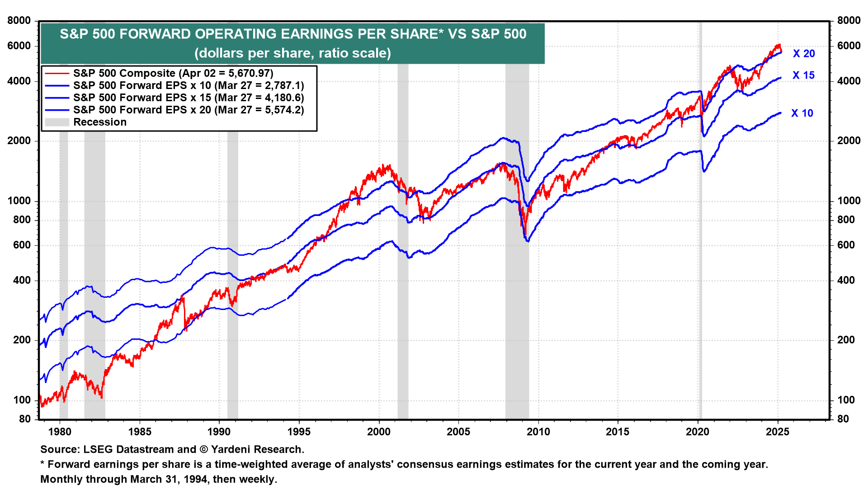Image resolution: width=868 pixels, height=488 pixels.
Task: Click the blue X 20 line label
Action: point(804,54)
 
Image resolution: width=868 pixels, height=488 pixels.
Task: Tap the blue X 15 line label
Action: point(803,75)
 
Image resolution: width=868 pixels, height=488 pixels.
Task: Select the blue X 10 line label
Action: point(802,113)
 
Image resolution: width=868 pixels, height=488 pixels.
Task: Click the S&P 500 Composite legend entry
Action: point(173,73)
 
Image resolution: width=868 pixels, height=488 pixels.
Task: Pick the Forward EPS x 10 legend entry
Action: point(189,85)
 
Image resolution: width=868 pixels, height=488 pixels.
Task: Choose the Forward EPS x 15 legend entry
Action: point(189,98)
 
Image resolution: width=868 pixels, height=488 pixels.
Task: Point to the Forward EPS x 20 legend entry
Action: point(189,110)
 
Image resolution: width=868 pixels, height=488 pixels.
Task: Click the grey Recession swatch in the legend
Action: point(57,122)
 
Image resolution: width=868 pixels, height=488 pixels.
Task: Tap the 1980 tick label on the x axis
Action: point(60,432)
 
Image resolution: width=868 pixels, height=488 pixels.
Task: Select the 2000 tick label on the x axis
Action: point(379,432)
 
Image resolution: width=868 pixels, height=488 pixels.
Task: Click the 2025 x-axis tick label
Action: point(778,432)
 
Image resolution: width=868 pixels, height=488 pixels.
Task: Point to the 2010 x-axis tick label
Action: point(538,432)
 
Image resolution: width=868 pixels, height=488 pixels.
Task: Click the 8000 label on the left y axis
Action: point(19,21)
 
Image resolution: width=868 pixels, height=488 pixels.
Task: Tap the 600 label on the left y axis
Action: point(22,245)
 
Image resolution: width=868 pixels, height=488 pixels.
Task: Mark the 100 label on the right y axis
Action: point(846,400)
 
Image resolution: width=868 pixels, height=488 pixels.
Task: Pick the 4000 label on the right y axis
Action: point(849,81)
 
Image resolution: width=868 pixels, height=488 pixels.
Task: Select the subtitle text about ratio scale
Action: point(292,53)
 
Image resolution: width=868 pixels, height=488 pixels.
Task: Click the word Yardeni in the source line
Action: point(230,450)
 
